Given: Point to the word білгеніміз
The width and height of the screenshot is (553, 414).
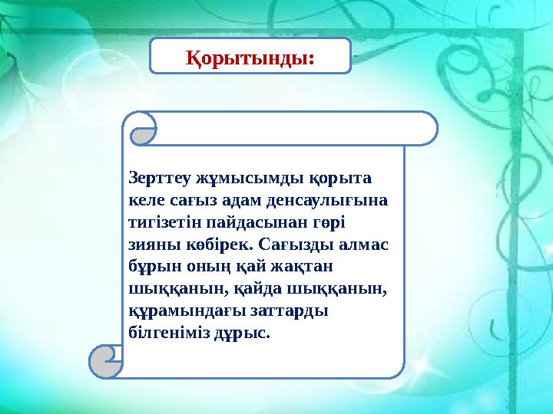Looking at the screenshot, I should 170,334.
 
